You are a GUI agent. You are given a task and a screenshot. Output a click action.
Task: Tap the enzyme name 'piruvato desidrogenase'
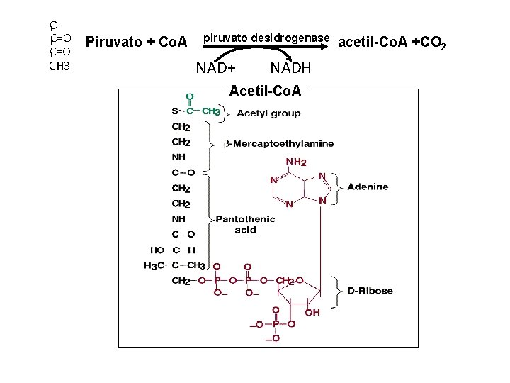pyautogui.click(x=266, y=36)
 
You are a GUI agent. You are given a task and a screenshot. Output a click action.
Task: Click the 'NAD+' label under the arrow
pyautogui.click(x=215, y=69)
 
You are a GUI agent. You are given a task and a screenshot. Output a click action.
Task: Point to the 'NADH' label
pyautogui.click(x=290, y=69)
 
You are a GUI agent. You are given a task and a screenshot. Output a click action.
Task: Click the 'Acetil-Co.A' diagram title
pyautogui.click(x=265, y=91)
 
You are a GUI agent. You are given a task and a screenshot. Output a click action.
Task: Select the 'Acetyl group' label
pyautogui.click(x=268, y=113)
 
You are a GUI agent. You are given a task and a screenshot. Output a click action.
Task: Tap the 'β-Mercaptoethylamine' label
pyautogui.click(x=278, y=144)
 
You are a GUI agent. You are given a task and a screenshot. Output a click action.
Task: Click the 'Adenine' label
pyautogui.click(x=368, y=187)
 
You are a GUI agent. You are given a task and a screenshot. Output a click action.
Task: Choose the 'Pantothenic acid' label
pyautogui.click(x=245, y=225)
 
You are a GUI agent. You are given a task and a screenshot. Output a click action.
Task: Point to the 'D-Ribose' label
pyautogui.click(x=370, y=291)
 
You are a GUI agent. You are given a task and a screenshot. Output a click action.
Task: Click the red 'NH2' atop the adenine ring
pyautogui.click(x=296, y=162)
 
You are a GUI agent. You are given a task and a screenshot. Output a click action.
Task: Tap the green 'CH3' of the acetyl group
pyautogui.click(x=212, y=111)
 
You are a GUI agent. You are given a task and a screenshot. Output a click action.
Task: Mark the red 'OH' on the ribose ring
pyautogui.click(x=312, y=312)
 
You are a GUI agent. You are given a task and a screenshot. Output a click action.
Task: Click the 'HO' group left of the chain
pyautogui.click(x=157, y=250)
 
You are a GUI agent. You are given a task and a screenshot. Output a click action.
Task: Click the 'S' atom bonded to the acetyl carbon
pyautogui.click(x=175, y=111)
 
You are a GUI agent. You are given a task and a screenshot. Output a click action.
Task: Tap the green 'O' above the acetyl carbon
pyautogui.click(x=190, y=96)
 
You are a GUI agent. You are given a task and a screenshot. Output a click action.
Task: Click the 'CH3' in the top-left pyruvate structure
pyautogui.click(x=59, y=66)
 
